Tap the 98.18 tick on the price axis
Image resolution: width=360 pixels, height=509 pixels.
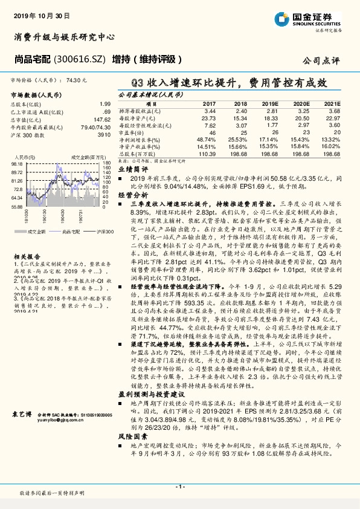[17, 163]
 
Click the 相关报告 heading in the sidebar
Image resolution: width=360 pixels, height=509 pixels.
[24, 256]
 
